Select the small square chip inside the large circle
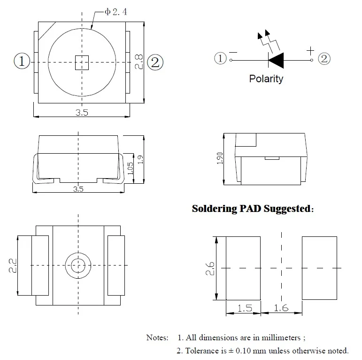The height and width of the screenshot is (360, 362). (x=82, y=62)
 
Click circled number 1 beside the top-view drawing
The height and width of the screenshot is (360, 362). (x=22, y=62)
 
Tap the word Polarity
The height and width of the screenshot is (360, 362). (x=266, y=78)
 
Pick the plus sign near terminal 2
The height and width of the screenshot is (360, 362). (x=310, y=50)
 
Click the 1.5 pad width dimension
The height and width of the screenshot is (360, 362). (x=244, y=308)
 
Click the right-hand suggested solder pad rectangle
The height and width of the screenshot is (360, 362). (x=319, y=268)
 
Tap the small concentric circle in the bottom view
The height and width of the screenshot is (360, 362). (x=77, y=265)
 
